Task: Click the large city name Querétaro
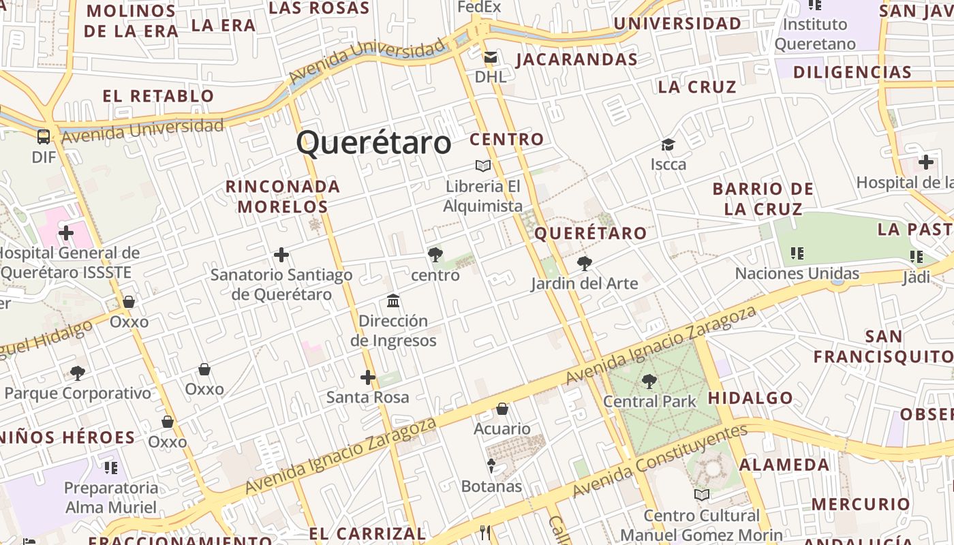(x=373, y=143)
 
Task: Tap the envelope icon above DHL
(x=491, y=57)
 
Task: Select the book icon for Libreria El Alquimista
(x=483, y=166)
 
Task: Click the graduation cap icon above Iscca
(x=668, y=144)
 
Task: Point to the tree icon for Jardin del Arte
(x=584, y=263)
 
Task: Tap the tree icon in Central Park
(x=649, y=381)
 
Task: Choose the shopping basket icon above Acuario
(x=502, y=409)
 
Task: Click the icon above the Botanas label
(x=491, y=466)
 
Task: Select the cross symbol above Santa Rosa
(x=368, y=377)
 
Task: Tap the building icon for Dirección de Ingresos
(x=393, y=300)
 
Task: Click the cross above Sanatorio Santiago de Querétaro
(x=281, y=255)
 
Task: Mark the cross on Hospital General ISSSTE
(x=66, y=234)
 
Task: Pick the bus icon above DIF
(x=44, y=137)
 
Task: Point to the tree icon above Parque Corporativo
(x=78, y=373)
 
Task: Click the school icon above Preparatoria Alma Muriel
(x=111, y=467)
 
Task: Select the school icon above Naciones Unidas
(x=797, y=253)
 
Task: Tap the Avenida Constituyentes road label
(x=660, y=461)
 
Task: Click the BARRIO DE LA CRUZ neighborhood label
(x=763, y=199)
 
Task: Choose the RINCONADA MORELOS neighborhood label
(x=283, y=196)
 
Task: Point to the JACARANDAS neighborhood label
(x=577, y=60)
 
